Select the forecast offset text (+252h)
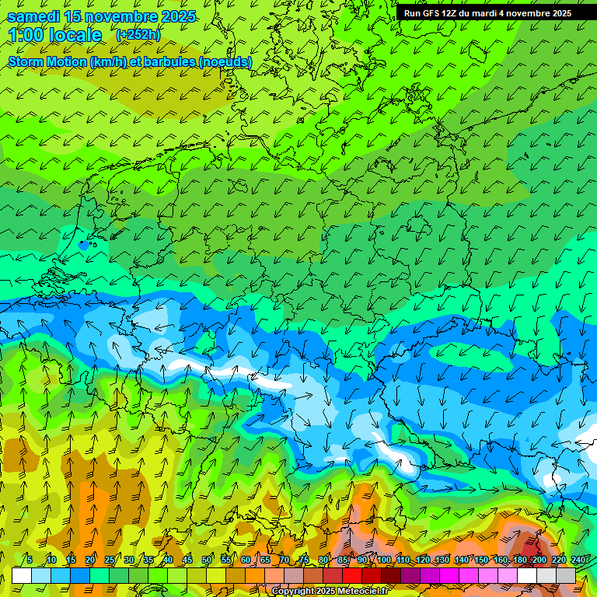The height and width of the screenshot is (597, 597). click(x=139, y=34)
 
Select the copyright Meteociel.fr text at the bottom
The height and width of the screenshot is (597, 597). click(x=330, y=592)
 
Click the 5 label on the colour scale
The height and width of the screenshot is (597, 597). click(x=29, y=560)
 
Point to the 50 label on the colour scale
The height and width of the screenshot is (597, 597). click(x=207, y=560)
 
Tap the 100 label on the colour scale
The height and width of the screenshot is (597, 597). click(x=384, y=560)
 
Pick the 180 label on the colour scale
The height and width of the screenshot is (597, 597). click(x=520, y=560)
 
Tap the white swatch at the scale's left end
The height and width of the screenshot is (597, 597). click(x=22, y=575)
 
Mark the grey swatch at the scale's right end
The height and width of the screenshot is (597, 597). click(x=566, y=575)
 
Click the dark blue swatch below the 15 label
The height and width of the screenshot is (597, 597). click(x=80, y=575)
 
